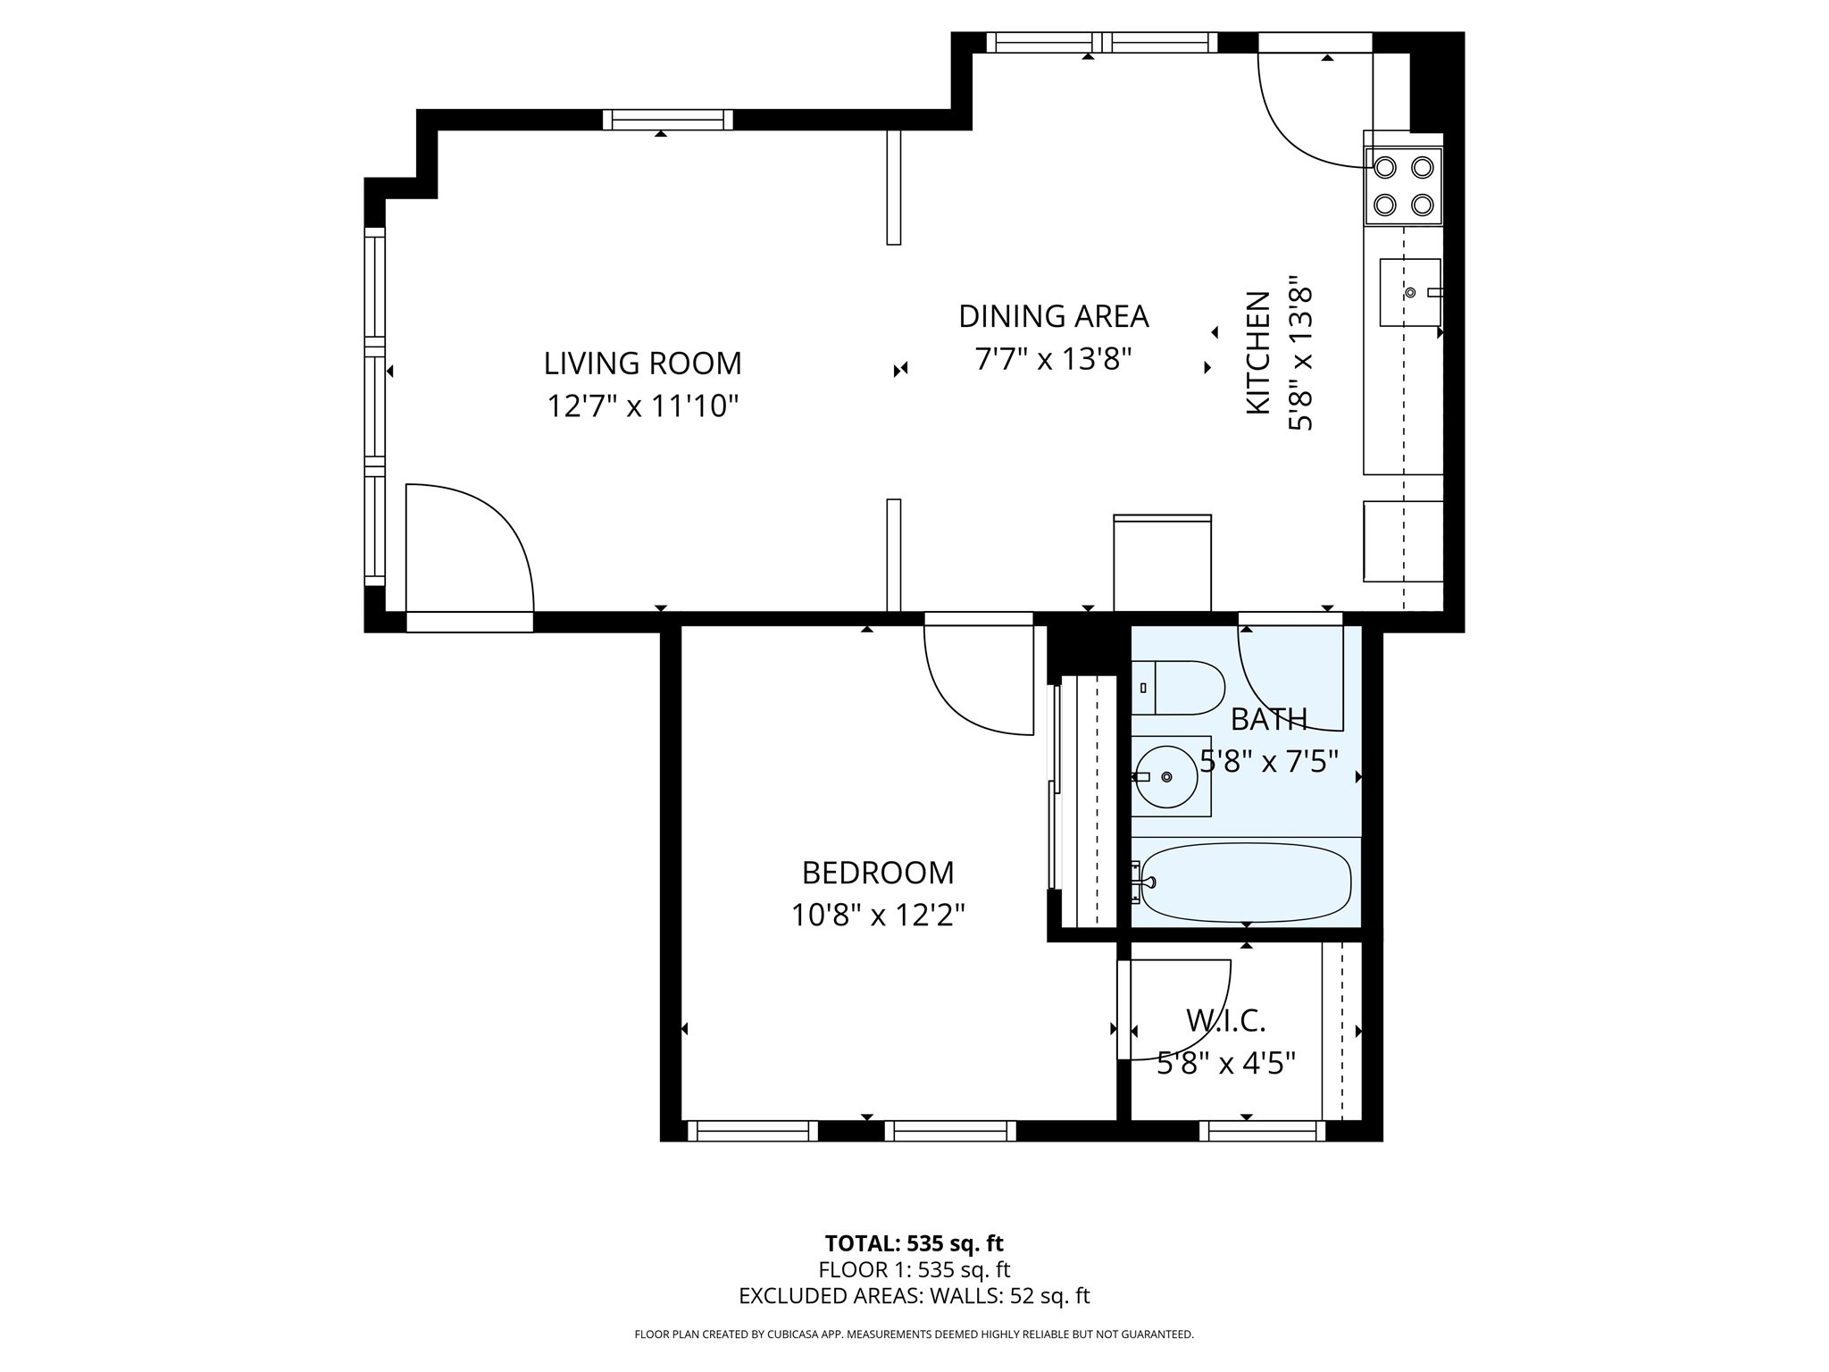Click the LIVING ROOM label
coord(642,364)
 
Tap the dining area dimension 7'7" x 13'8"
coord(1053,359)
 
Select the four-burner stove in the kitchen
coord(1403,186)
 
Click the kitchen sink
coord(1410,292)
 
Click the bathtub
coord(1246,883)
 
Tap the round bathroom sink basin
coord(1166,777)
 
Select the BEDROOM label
coord(878,872)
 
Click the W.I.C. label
coord(1225,1020)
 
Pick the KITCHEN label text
coord(1257,352)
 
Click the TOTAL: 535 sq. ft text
coord(914,1243)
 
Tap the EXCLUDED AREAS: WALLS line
coord(914,1296)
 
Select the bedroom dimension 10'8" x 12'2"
coord(878,915)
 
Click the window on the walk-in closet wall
coord(1262,1132)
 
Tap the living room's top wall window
coord(667,120)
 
